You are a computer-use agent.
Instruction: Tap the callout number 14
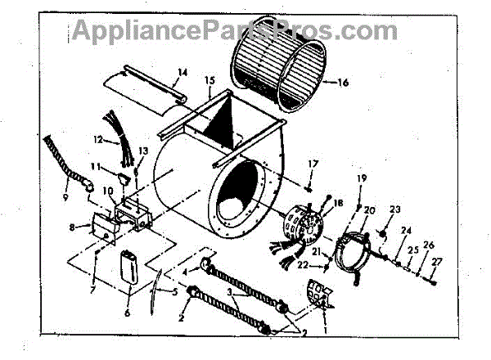point(182,73)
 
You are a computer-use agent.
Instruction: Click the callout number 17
point(313,165)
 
